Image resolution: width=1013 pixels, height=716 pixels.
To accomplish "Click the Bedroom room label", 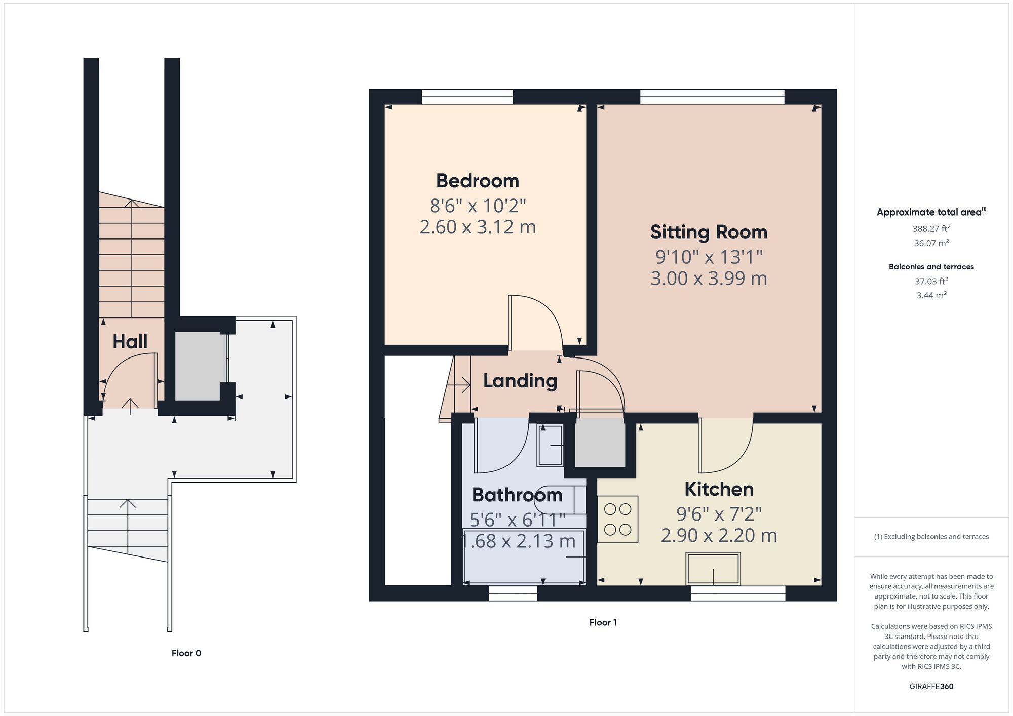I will (477, 181).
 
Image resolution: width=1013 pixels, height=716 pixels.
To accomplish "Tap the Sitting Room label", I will (709, 232).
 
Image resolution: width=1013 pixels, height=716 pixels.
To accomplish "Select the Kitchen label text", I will (719, 489).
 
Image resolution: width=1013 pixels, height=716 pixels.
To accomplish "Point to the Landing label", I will (520, 381).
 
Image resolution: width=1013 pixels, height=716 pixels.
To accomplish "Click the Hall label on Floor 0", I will (130, 342).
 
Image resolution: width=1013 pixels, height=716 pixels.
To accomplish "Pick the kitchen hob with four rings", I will (618, 519).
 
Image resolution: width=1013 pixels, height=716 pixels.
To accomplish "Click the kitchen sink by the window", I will (713, 569).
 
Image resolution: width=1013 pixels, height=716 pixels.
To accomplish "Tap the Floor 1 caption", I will (603, 622).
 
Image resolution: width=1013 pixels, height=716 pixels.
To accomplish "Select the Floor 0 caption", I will (186, 653).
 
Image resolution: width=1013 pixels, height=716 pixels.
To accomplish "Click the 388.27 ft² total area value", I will (931, 228).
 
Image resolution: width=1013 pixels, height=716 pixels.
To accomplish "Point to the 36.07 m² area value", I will (931, 243).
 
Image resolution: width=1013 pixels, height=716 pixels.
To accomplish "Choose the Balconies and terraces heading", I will (931, 267).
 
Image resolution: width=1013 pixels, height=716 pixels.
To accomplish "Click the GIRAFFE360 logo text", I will (931, 687).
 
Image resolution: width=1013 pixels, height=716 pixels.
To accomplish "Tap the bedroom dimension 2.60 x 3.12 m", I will (477, 227).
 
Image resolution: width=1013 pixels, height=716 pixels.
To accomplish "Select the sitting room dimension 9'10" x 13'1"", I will (709, 257).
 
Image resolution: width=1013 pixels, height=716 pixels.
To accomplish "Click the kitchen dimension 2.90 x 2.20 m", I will (719, 535).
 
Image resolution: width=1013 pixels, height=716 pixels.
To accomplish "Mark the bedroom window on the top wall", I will (467, 97).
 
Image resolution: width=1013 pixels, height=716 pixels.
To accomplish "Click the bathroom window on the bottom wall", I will (513, 593).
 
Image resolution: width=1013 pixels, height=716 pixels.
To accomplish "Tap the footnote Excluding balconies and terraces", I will (931, 537).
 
